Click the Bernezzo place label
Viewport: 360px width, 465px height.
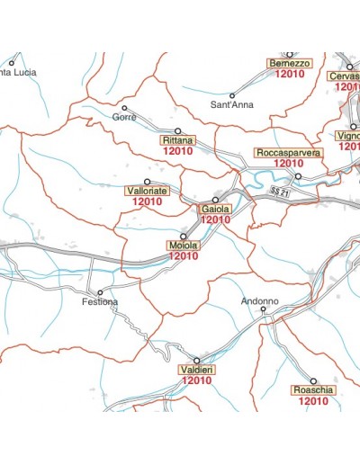point(290,64)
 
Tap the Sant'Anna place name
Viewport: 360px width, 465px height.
point(231,105)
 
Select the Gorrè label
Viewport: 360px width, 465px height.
point(122,118)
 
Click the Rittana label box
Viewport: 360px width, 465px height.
point(177,142)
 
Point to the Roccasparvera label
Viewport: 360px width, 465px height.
point(288,153)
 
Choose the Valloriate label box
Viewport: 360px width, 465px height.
point(146,192)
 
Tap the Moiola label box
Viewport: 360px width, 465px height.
point(183,245)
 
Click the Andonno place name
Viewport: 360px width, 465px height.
point(260,300)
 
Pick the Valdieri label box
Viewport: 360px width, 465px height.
point(195,370)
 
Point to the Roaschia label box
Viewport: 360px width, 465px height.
point(312,390)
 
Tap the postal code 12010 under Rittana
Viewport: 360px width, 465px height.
point(177,153)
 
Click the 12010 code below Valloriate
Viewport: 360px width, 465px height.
point(147,202)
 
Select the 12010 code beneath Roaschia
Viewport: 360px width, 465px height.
point(312,402)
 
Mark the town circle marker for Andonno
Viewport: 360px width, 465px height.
point(264,310)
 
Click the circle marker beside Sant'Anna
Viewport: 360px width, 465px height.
point(231,95)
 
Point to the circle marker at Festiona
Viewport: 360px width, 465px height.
point(100,292)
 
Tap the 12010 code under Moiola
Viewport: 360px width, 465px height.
point(183,256)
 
